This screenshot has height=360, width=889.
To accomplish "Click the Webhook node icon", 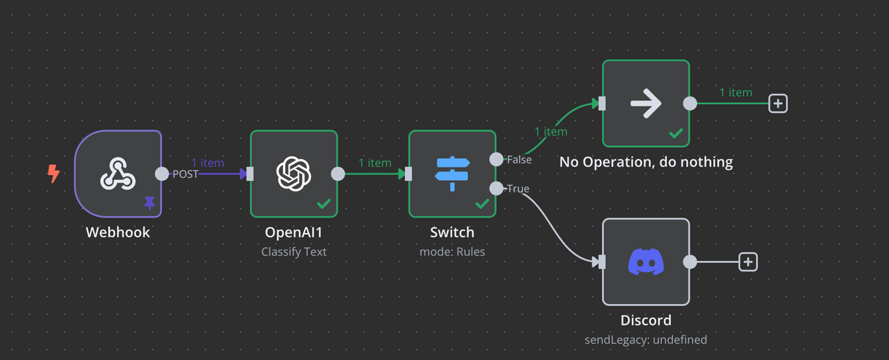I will tap(118, 174).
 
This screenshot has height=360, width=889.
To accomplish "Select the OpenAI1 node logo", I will tap(294, 174).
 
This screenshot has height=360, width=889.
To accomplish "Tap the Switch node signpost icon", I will tap(452, 174).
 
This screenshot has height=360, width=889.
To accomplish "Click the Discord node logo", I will tap(646, 262).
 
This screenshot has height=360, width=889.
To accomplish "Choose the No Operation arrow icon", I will tap(646, 104).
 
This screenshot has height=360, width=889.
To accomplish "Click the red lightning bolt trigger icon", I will tap(53, 174).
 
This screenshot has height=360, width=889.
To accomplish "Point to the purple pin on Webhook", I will tap(150, 204).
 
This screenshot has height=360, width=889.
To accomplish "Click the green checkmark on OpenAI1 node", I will tap(323, 204).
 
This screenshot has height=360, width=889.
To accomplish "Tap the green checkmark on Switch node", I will tap(482, 204).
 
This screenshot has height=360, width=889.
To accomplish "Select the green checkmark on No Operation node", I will tap(676, 133).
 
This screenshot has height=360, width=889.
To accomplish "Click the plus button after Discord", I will tap(748, 262).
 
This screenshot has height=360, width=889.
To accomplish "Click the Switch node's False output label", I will tap(519, 159).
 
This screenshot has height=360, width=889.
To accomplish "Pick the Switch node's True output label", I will tap(518, 189).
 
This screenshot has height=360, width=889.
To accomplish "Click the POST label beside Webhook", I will tap(185, 174).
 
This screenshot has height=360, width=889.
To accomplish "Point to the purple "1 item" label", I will tap(208, 163).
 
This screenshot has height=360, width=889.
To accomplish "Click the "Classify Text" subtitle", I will tap(294, 252).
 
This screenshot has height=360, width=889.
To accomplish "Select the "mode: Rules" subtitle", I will tap(452, 252).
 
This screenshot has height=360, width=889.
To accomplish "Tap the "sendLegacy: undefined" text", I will tap(646, 340).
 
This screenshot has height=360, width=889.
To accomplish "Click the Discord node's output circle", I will tap(690, 262).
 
